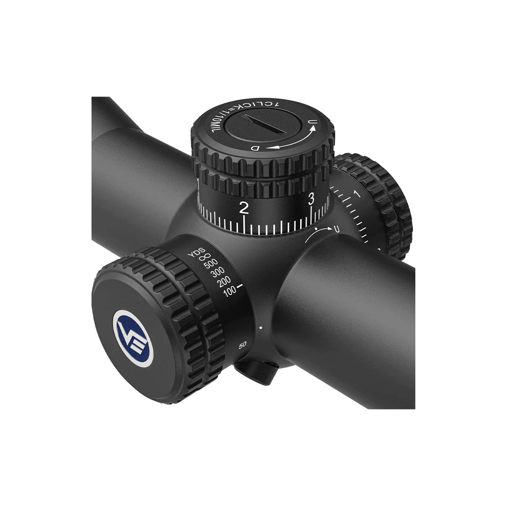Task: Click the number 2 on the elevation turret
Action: click(243, 207)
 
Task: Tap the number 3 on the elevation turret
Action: click(311, 199)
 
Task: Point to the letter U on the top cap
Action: click(312, 123)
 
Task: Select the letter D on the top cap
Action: click(255, 148)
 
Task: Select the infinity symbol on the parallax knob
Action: click(204, 257)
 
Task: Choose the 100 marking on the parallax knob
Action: click(230, 291)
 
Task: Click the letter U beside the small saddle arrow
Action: click(336, 229)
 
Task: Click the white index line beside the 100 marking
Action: click(240, 286)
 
